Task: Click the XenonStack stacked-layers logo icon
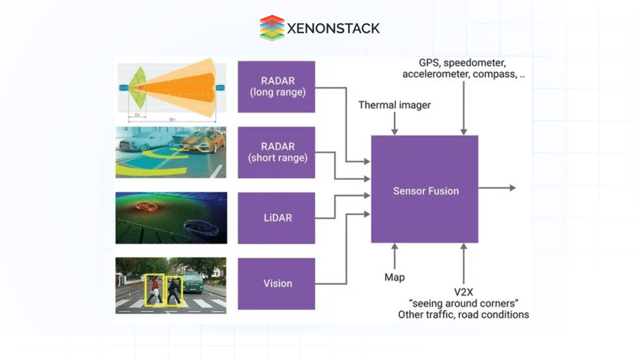[272, 28]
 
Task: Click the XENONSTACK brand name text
[333, 29]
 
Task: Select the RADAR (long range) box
[277, 87]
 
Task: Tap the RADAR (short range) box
[277, 152]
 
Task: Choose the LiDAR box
[277, 218]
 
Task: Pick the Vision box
[277, 283]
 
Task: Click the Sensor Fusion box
[425, 190]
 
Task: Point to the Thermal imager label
[394, 105]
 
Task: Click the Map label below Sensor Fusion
[394, 277]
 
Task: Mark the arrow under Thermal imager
[395, 124]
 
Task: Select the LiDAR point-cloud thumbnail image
[171, 218]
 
